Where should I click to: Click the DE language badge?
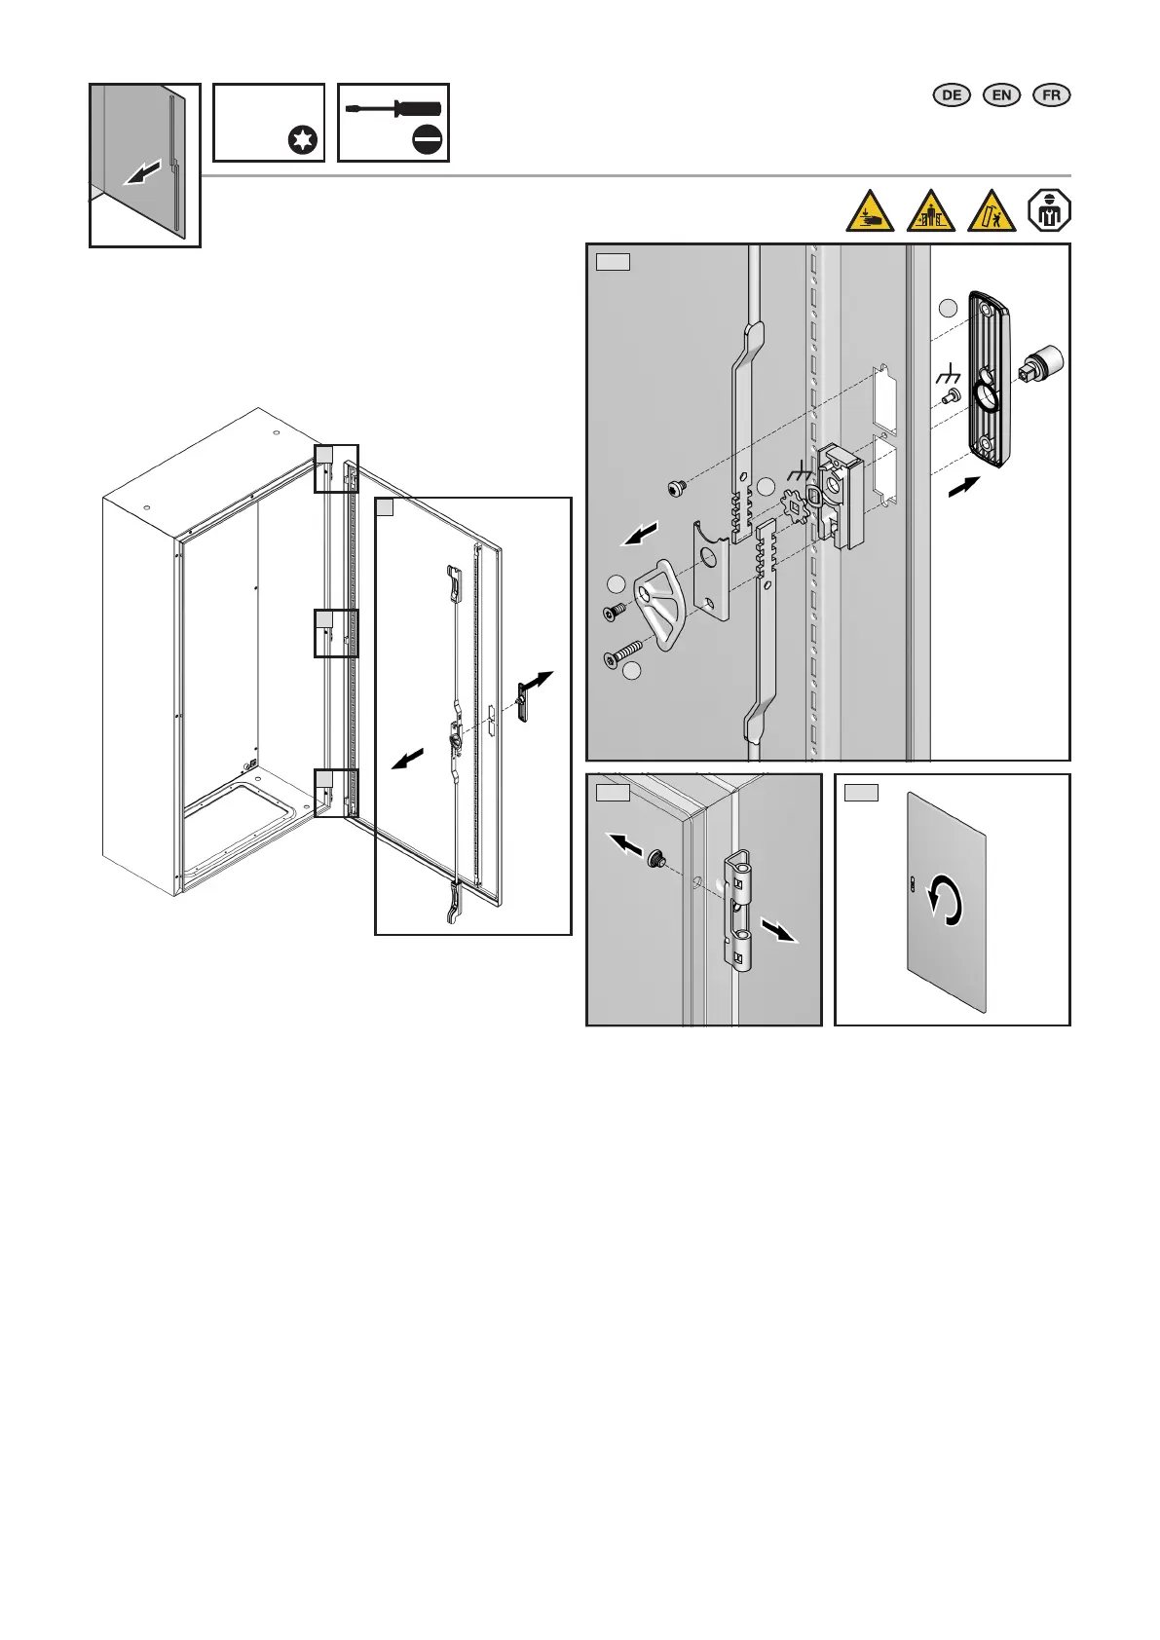(952, 95)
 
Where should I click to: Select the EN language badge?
(1001, 95)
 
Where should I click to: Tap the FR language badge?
(1051, 95)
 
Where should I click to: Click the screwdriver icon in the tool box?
(393, 109)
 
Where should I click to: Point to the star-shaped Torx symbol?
(303, 140)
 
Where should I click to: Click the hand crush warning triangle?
(869, 211)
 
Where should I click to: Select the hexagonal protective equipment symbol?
(1049, 211)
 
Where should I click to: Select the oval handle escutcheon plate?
(990, 379)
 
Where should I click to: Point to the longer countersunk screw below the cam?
(621, 653)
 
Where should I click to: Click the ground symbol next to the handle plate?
(949, 374)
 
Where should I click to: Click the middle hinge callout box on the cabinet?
(336, 633)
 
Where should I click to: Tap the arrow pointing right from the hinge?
(779, 932)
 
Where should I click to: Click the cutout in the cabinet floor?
(242, 810)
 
